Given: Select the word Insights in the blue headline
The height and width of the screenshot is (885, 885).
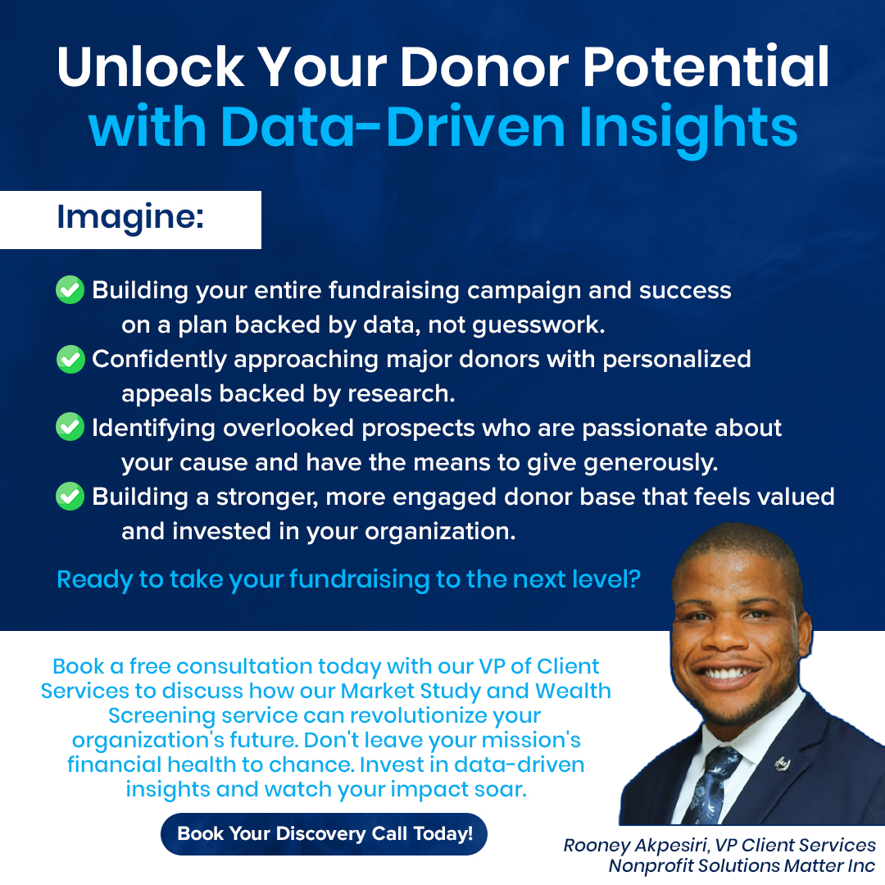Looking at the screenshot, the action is tap(688, 129).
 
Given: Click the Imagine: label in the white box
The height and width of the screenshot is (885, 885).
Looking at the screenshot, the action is tap(130, 217).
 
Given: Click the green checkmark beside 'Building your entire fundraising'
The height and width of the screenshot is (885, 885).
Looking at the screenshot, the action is tap(70, 289).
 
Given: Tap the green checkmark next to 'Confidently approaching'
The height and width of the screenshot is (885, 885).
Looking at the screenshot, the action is tap(70, 359).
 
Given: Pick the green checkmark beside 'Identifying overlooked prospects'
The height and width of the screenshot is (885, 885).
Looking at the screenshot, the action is tap(70, 427).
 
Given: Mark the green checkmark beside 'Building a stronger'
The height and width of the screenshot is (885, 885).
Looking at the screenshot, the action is tap(70, 496).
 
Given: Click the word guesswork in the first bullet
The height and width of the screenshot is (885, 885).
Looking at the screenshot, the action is tap(536, 325).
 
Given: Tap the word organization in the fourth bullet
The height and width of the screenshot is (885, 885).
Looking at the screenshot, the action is tap(437, 533).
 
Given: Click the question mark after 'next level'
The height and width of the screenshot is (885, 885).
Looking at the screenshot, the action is tap(633, 579).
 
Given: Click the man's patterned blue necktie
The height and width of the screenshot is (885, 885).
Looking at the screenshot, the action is tap(712, 784).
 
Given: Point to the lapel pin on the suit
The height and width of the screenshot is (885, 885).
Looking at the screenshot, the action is tap(781, 764).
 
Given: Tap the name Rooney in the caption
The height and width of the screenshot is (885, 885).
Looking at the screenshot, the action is tap(596, 846).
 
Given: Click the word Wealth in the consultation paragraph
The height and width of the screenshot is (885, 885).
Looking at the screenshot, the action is tap(573, 691).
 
